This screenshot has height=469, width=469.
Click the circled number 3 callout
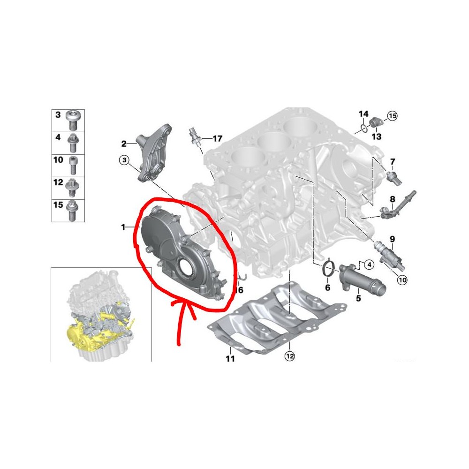point(124,160)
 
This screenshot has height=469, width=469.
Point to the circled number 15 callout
point(393,115)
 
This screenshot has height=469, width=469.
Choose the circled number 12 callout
point(290,356)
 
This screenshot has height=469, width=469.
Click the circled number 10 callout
point(402,280)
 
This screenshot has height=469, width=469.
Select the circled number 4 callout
point(369,265)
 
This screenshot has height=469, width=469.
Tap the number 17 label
point(218,138)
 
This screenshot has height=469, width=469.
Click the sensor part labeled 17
point(195,137)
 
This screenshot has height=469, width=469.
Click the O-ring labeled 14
point(363,129)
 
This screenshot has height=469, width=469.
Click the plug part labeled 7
point(394,177)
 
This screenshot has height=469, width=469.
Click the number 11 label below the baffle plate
point(230,358)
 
